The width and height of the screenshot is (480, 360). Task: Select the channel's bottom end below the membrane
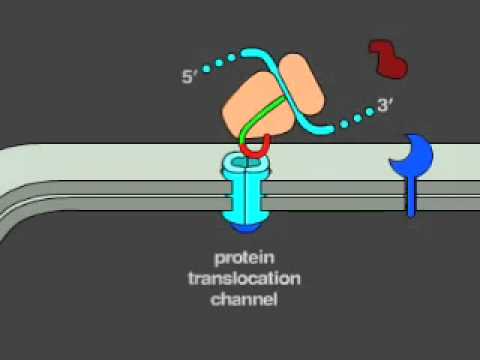pos(246,210)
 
